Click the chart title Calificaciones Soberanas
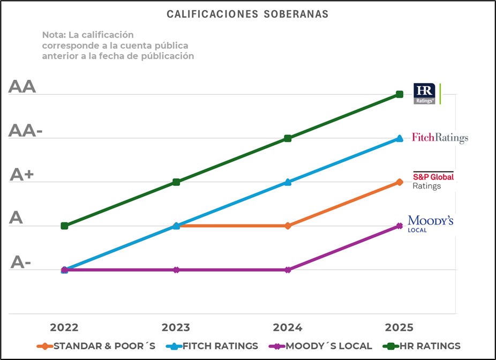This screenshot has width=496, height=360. coord(247,14)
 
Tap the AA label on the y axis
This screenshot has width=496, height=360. coord(22,87)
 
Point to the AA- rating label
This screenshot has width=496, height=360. coord(25,131)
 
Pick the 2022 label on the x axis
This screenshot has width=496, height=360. coord(64,327)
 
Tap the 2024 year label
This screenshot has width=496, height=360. coord(288,327)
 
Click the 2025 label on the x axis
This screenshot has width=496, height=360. coord(399,327)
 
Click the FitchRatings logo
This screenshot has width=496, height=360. coord(440,138)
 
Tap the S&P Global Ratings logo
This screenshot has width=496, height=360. coord(433,181)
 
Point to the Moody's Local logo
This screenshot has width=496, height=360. coord(431,223)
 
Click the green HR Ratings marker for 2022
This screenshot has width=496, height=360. coord(64,226)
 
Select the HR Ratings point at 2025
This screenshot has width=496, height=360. coord(400,94)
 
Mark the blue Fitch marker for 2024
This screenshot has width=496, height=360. coord(288,182)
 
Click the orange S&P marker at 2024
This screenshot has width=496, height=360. coord(288,226)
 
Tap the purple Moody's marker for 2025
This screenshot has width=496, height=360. coord(400,226)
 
